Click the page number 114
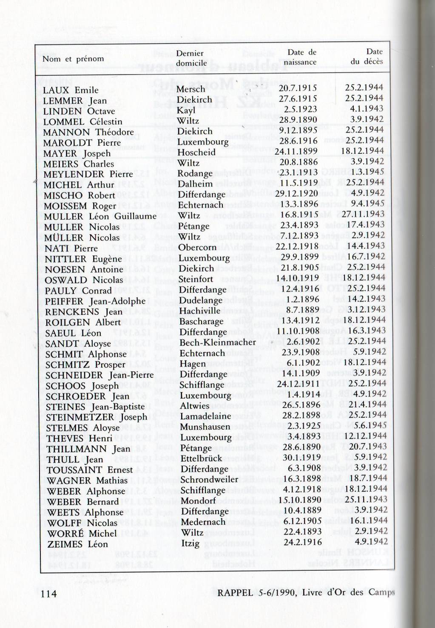tap(49, 593)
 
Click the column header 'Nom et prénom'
tap(73, 59)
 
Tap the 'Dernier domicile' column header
tap(191, 58)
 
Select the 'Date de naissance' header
tap(301, 57)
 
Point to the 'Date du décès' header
tap(367, 57)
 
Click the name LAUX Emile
tap(71, 90)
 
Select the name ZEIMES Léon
tap(77, 544)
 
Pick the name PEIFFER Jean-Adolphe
tap(95, 301)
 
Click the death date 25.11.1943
tap(366, 499)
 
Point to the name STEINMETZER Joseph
tap(97, 417)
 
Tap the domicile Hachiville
tap(200, 311)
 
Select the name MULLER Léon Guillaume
tap(100, 216)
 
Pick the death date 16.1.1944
tap(369, 521)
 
